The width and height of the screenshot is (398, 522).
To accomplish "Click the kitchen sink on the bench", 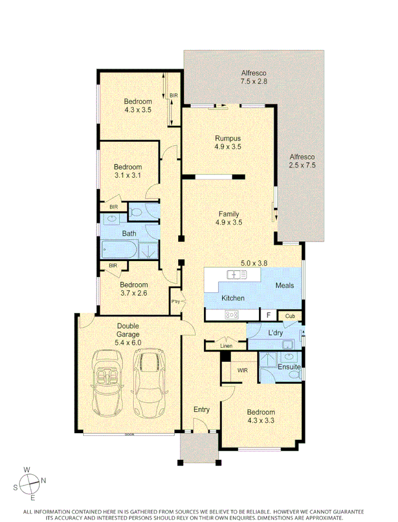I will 236,275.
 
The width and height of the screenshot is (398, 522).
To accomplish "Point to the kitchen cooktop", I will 232,314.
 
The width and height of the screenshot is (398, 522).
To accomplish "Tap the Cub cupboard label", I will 290,316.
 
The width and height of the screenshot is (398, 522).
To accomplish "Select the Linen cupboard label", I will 226,346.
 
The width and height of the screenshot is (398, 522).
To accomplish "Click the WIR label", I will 243,370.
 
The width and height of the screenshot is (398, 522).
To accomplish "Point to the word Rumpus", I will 228,138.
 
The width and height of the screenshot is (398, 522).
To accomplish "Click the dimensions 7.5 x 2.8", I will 254,81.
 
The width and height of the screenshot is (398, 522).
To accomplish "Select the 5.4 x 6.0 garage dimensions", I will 128,342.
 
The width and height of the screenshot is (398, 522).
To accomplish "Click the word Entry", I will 202,409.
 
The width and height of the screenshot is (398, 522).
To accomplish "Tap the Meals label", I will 284,285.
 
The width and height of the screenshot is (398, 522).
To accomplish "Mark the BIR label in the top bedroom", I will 174,95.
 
